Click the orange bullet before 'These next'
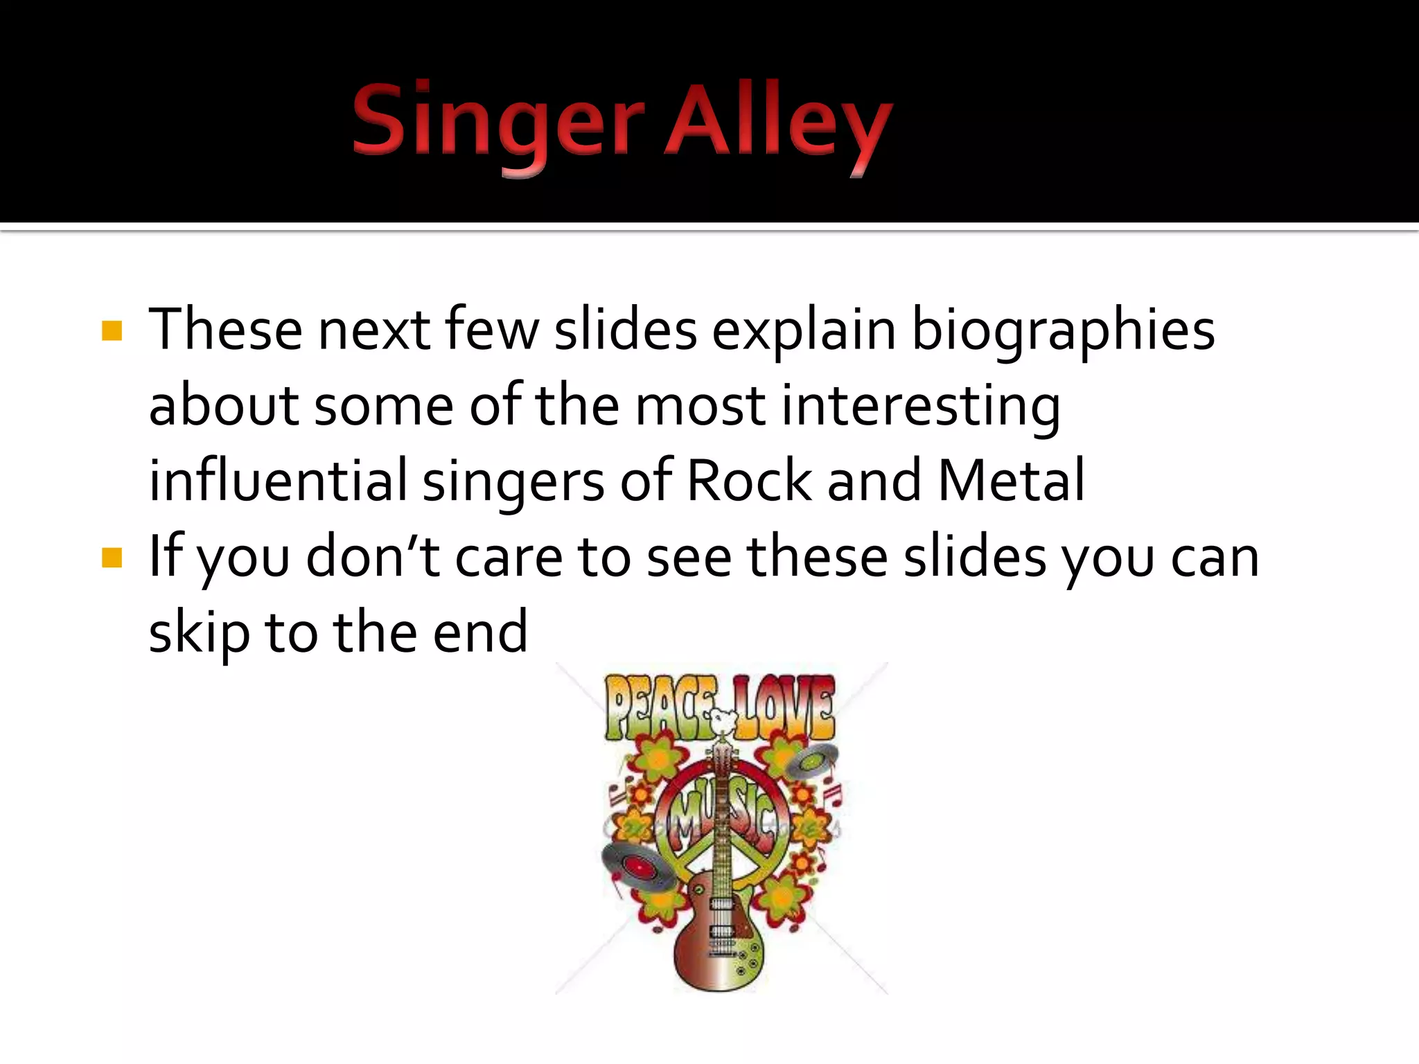(112, 330)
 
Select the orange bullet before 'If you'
(112, 557)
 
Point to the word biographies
(1063, 330)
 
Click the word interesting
(921, 406)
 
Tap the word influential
(278, 481)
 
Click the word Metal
(1011, 481)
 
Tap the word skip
(199, 632)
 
